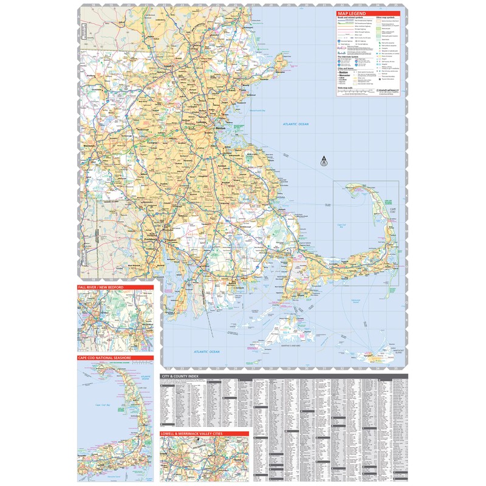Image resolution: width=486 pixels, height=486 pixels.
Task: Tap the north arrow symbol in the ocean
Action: tap(324, 162)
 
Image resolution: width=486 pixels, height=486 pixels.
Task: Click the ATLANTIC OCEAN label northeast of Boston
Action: tap(295, 125)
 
